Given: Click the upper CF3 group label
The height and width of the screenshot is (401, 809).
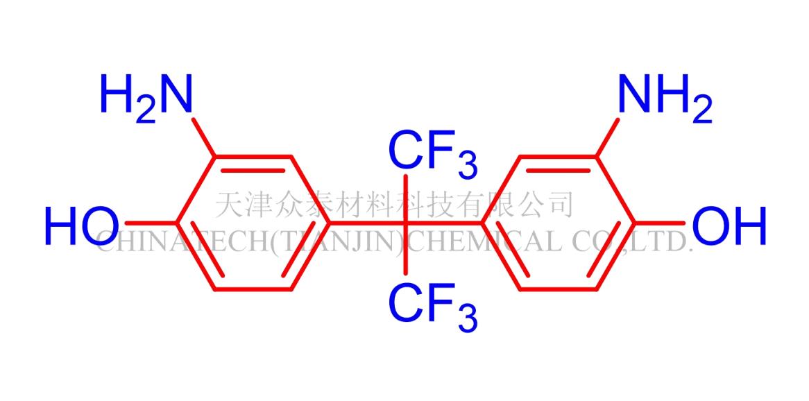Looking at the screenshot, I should point(432,153).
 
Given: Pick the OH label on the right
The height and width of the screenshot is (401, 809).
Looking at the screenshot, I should point(729,226).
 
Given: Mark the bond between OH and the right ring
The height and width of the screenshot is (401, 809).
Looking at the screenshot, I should point(659,223).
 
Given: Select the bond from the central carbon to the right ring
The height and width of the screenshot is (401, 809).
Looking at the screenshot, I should point(444,223).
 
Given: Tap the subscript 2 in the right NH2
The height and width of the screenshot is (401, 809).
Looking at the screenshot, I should point(702,111).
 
